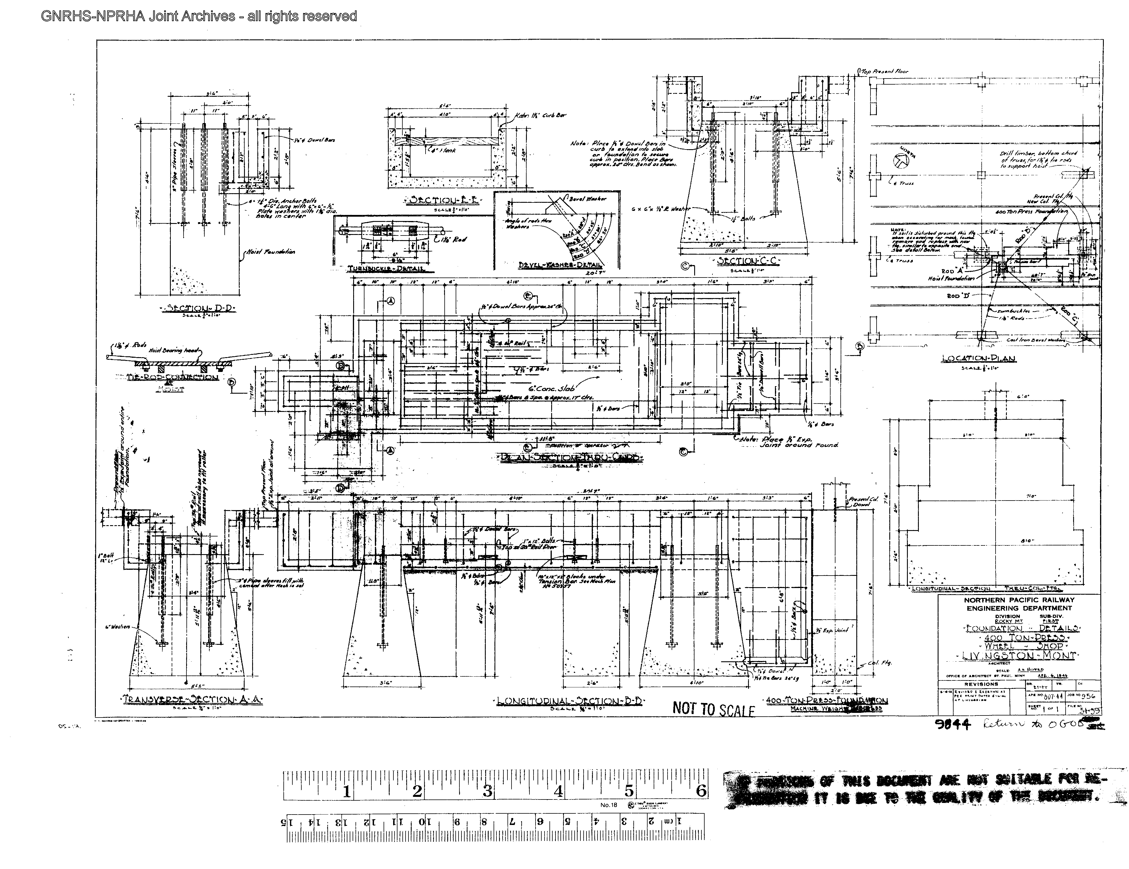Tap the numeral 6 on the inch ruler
pyautogui.click(x=701, y=791)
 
